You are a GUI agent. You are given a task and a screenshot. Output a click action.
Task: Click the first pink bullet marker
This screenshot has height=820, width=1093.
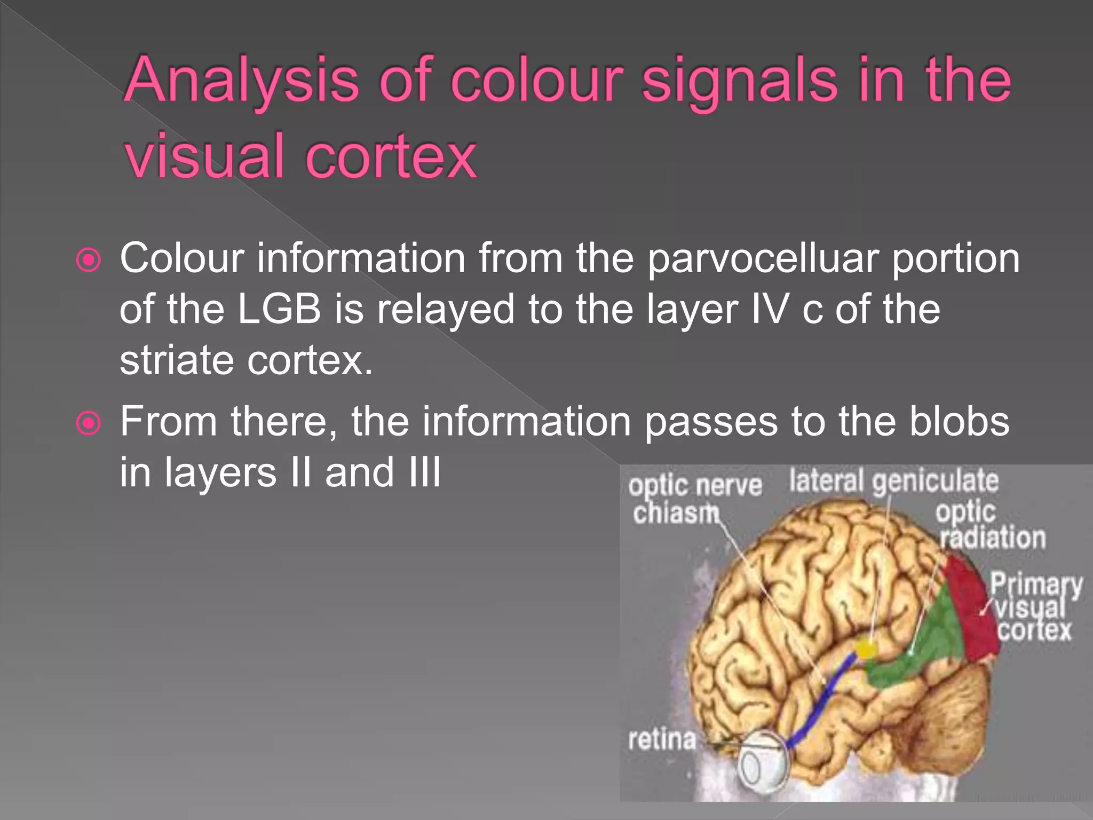(89, 261)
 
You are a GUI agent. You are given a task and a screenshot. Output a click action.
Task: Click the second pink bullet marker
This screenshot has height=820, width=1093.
(89, 423)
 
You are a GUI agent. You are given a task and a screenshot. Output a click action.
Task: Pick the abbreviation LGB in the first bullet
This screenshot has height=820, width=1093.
(279, 310)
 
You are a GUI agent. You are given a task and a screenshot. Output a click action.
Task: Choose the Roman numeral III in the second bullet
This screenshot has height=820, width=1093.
(425, 473)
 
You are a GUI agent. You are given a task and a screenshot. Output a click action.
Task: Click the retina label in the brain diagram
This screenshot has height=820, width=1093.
(662, 740)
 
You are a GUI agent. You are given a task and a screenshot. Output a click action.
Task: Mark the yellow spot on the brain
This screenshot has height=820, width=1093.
(866, 649)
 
